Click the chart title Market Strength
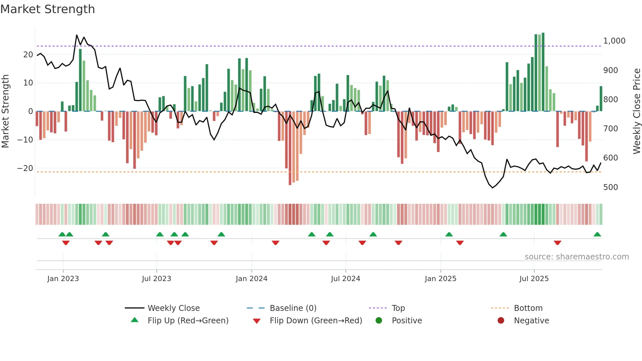47,9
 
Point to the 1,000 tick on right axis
614,41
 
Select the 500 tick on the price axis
611,187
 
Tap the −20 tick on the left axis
25,168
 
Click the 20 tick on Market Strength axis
28,55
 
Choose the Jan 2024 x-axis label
251,279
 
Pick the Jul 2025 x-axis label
534,279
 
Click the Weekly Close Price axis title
636,111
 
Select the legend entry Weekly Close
173,308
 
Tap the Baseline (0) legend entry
293,308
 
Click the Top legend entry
398,308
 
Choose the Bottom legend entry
528,308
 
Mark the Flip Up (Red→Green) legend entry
188,321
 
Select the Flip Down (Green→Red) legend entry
316,321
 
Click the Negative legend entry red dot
501,321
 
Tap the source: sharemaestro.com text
576,257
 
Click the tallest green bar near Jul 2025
543,72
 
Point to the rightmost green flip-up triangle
597,235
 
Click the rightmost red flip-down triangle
557,243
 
